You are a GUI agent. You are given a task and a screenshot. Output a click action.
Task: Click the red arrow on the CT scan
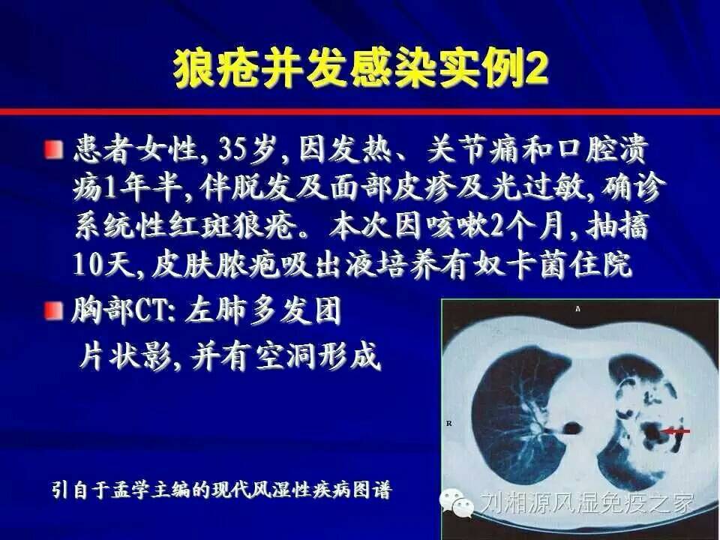point(675,431)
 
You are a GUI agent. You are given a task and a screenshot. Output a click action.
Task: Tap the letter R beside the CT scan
point(448,423)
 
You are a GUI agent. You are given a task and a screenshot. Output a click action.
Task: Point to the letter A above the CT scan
point(577,309)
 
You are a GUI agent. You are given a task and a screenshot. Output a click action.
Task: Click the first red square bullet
point(54,150)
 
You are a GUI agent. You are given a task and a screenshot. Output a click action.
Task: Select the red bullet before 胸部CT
point(54,311)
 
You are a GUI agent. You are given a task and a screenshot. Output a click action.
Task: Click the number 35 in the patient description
point(232,149)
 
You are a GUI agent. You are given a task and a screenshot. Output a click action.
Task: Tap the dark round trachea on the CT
point(571,429)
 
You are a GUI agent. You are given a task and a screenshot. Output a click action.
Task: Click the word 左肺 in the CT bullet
point(216,311)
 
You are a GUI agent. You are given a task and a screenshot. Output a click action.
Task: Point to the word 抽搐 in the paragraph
point(617,226)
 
